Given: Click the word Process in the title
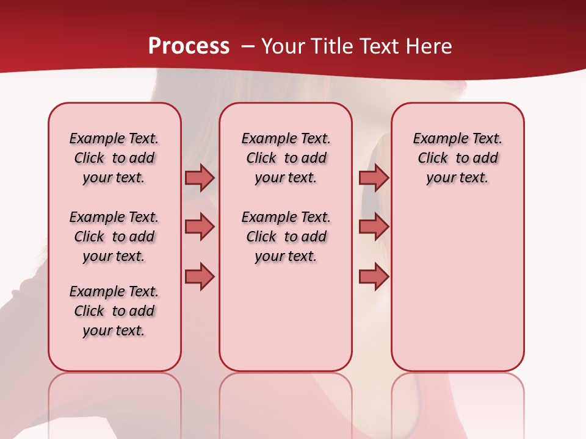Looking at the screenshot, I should (189, 46).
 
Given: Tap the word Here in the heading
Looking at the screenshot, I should (430, 46).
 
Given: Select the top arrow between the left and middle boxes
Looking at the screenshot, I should (200, 177).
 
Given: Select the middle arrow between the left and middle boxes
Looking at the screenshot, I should (200, 227).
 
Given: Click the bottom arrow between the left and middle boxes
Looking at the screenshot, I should (200, 276).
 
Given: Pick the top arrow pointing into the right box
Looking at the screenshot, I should (374, 177).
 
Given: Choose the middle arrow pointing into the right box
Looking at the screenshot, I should (374, 227).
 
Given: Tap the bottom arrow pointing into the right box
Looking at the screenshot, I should (374, 276).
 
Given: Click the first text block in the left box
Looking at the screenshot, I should (114, 158).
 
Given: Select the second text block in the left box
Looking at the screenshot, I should (114, 237).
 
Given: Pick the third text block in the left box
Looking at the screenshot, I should (114, 311).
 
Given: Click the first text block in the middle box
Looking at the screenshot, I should (286, 158).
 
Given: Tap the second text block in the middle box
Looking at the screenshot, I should (286, 237).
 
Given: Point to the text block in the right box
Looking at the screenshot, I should (458, 158).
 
